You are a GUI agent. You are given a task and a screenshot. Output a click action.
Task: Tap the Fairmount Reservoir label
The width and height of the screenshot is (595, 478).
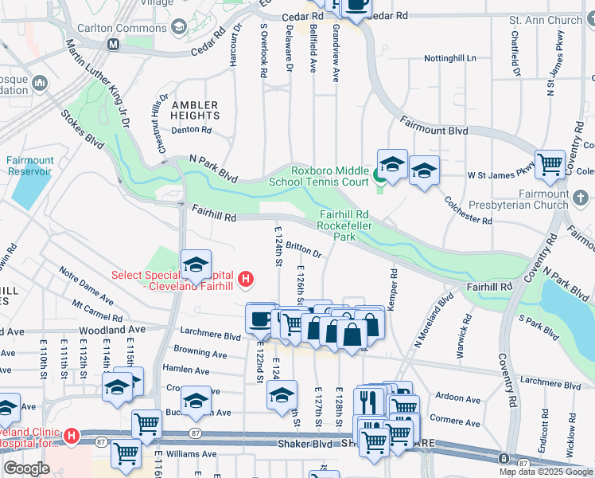coord(30,165)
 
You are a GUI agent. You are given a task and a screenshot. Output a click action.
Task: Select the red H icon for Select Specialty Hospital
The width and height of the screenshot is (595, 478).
coord(247,280)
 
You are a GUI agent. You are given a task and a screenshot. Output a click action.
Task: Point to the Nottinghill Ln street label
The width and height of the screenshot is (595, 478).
coord(449,58)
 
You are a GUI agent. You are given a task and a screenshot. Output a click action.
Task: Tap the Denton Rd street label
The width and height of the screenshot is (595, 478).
coord(191,129)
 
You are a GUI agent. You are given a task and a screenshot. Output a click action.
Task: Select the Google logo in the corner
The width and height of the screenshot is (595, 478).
coord(26,468)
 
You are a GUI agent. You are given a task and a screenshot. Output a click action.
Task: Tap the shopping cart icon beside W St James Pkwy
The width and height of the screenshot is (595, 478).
coord(550,164)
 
